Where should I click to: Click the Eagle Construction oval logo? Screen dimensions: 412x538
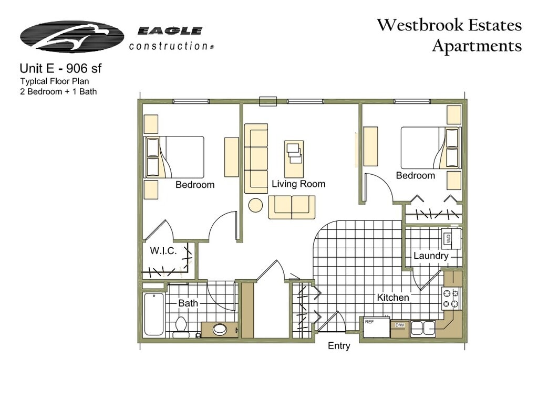click(x=72, y=37)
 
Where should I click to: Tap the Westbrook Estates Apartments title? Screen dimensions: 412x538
click(x=449, y=35)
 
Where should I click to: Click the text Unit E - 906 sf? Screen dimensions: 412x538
click(x=67, y=68)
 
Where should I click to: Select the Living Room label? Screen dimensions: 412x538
click(x=298, y=184)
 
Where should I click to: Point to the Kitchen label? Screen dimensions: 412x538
click(x=392, y=298)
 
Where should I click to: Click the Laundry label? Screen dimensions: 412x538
click(x=431, y=256)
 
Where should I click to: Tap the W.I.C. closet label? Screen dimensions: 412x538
click(x=163, y=251)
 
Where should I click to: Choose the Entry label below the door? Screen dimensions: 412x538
click(x=339, y=346)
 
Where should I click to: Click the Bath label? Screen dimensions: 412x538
click(x=188, y=303)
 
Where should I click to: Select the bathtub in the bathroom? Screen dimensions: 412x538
click(x=154, y=314)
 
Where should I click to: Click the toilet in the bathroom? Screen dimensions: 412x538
click(x=181, y=326)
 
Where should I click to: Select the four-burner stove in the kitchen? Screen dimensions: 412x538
click(x=451, y=299)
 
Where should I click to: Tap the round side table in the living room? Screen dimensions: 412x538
click(x=255, y=205)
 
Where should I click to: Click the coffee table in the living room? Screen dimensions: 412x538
click(x=294, y=159)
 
